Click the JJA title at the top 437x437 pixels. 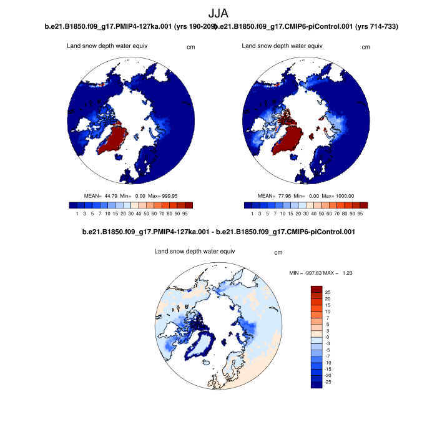click(x=218, y=13)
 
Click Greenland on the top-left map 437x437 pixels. click(x=114, y=138)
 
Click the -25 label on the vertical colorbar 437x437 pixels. click(x=328, y=381)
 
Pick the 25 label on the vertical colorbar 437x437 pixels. click(x=327, y=292)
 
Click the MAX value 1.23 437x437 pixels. click(x=348, y=273)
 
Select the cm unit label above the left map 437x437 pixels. click(x=191, y=47)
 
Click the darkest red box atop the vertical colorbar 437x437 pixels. click(x=317, y=289)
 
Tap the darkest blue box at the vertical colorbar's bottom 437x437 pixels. click(x=317, y=385)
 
